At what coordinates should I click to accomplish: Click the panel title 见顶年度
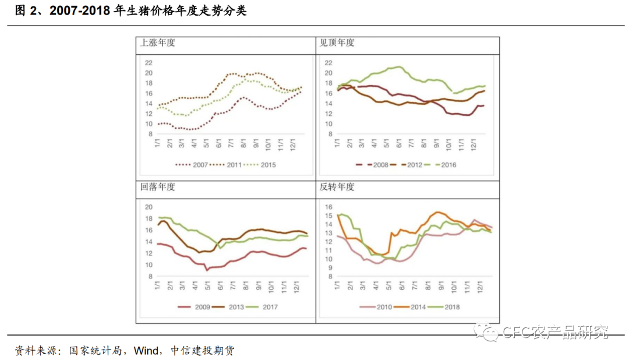[337, 43]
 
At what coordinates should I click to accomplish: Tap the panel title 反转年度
[337, 188]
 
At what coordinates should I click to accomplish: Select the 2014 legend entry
[418, 307]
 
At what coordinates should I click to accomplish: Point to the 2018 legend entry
[451, 307]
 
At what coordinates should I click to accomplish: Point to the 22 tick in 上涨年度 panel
[149, 63]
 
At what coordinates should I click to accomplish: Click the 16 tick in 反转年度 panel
[328, 207]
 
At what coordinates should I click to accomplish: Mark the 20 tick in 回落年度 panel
[149, 207]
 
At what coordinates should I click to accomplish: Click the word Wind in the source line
[146, 351]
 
